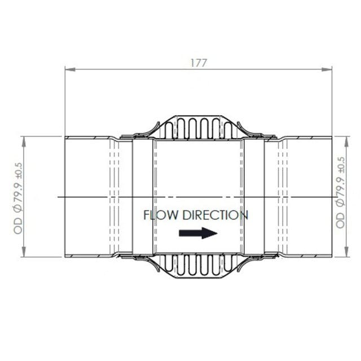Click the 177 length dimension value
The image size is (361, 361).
(198, 63)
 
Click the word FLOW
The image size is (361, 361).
(162, 215)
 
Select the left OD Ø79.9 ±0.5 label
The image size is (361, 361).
(18, 197)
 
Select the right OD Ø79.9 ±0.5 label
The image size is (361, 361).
(340, 192)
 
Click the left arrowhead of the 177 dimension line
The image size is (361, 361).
(68, 70)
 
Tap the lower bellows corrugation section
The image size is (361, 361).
(197, 265)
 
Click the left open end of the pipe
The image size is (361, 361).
(65, 196)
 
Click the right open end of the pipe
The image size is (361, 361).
(332, 196)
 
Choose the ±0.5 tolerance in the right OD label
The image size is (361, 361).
(340, 166)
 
